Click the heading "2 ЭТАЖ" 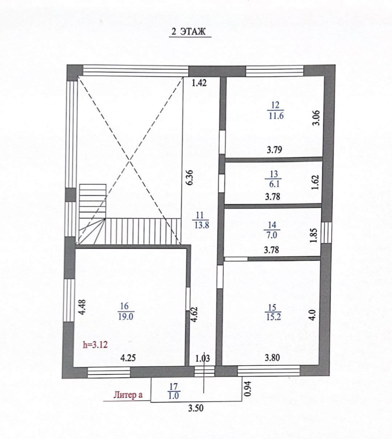188,32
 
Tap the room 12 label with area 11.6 276,110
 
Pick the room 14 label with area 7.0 272,230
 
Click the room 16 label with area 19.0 125,312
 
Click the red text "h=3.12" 95,345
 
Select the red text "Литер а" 128,395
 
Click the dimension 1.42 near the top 200,83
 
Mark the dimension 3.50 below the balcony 196,408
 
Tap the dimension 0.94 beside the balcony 248,389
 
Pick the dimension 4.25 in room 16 128,358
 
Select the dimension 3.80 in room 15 272,358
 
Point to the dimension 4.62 194,314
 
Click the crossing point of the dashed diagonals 130,160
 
